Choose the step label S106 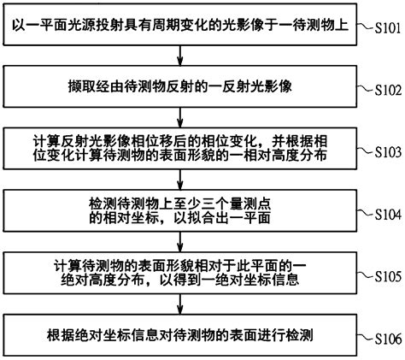pyautogui.click(x=383, y=339)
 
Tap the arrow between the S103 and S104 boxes pyautogui.click(x=178, y=179)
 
